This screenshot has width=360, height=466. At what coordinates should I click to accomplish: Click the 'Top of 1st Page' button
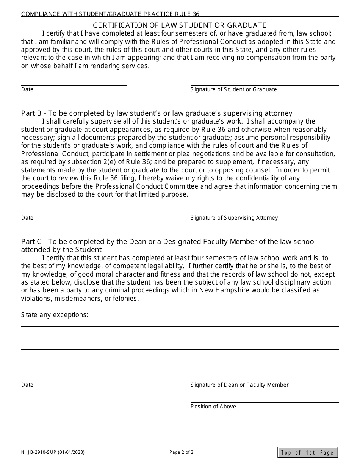pyautogui.click(x=307, y=452)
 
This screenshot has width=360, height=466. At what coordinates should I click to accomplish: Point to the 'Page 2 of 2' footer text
pyautogui.click(x=181, y=452)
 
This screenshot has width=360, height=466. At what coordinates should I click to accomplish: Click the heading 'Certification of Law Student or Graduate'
pyautogui.click(x=180, y=25)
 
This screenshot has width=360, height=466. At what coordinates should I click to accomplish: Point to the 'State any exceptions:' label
pyautogui.click(x=55, y=315)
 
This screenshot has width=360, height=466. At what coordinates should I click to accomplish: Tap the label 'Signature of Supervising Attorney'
pyautogui.click(x=234, y=218)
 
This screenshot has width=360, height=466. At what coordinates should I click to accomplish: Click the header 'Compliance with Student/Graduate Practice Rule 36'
pyautogui.click(x=110, y=14)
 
